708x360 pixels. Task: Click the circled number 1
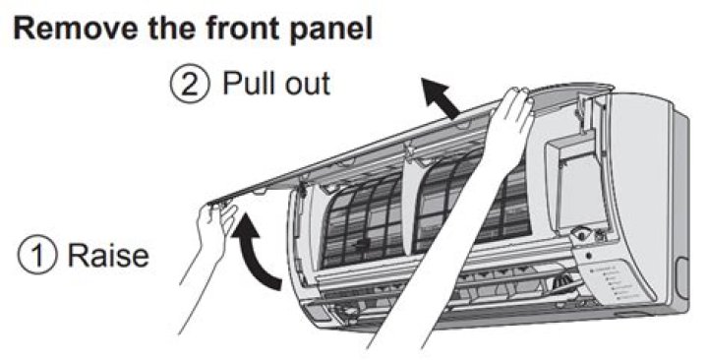tap(37, 255)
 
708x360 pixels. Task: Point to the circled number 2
tap(190, 85)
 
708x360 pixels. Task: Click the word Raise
tap(108, 255)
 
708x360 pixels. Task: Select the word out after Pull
tap(309, 85)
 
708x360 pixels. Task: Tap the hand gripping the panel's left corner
tap(216, 223)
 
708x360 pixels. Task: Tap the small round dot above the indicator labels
tap(588, 256)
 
